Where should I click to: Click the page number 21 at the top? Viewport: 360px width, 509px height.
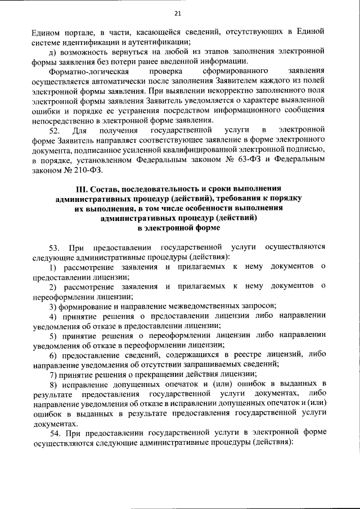tap(179, 13)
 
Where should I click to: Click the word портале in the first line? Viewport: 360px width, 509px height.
tap(76, 31)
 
